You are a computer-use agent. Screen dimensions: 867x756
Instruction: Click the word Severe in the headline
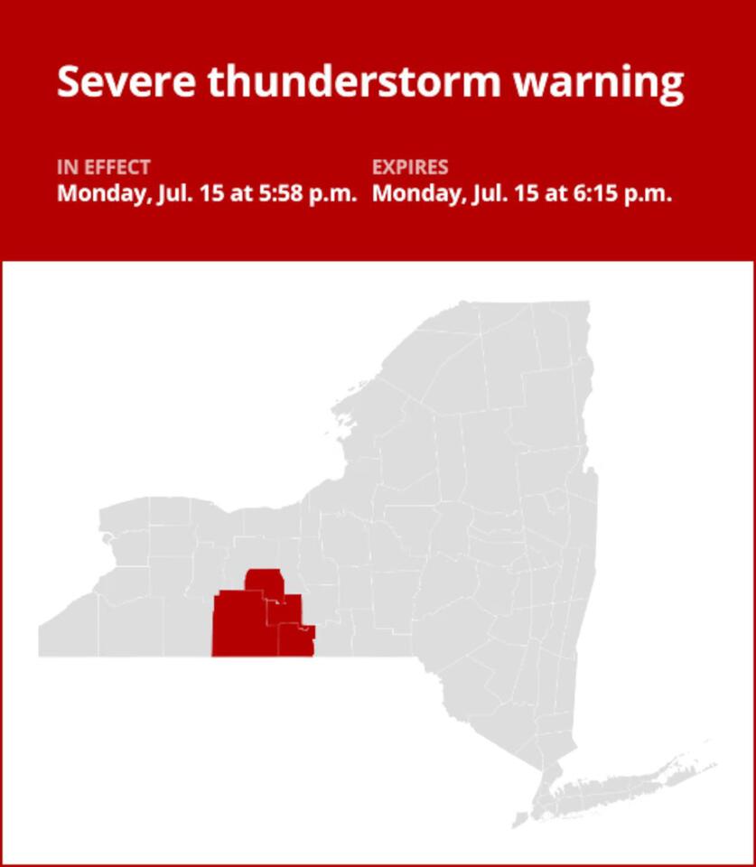126,82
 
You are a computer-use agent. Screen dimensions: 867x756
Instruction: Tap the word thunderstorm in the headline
353,82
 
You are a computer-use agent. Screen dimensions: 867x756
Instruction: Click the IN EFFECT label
104,167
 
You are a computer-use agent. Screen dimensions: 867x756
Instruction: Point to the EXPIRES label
410,167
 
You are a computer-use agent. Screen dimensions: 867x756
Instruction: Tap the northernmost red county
264,581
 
